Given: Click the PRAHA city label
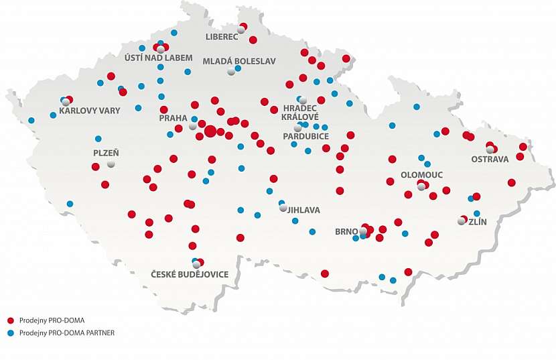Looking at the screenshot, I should coord(173,117).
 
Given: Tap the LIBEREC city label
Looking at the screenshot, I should coord(222,36).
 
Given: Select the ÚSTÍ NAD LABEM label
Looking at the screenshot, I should coord(158,57).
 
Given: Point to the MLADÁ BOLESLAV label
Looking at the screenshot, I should coord(239,61).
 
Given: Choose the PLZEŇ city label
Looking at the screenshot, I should coord(105,153).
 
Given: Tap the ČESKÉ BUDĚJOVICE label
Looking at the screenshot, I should coord(189,274).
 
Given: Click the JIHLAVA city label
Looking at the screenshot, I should coord(303,210).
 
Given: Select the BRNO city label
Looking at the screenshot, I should coord(347,232).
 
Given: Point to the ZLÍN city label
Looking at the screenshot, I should coord(478,222).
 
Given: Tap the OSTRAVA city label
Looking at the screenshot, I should coord(490,159).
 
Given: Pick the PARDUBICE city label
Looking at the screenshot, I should coord(305,136).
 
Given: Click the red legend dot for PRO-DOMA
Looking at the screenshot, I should coord(11,320).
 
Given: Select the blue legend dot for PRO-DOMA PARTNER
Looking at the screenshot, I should coord(11,332).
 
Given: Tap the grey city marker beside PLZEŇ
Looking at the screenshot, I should coord(111,164).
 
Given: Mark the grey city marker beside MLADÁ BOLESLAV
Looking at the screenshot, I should coord(231,71).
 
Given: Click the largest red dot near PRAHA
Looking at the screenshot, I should coord(210,131).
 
